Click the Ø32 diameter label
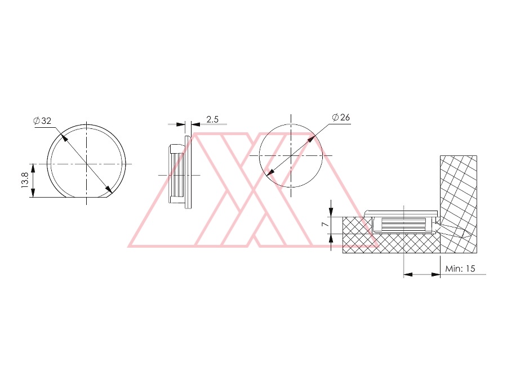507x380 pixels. (x=42, y=121)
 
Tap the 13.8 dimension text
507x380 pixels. (x=25, y=180)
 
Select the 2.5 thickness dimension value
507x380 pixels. (x=212, y=119)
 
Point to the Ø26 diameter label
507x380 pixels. (x=341, y=117)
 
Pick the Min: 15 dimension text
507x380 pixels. (x=460, y=269)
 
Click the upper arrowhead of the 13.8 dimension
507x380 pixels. (x=33, y=168)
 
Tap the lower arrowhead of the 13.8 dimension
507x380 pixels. (x=33, y=193)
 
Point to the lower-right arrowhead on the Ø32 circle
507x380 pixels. (x=109, y=189)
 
